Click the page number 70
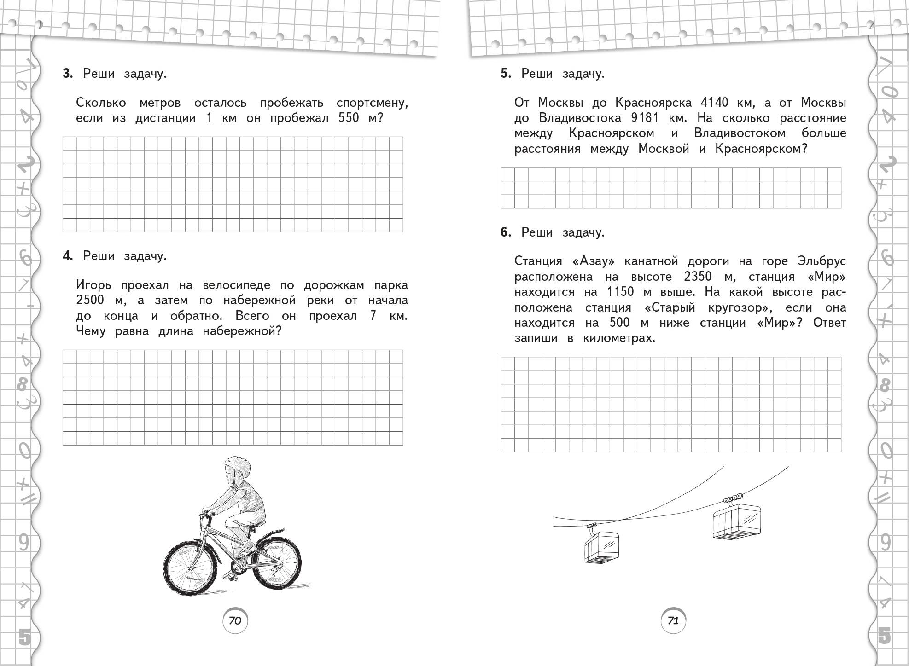(x=235, y=620)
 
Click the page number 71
(x=673, y=620)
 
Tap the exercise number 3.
(x=68, y=74)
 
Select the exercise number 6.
(x=506, y=232)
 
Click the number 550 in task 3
(x=348, y=118)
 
